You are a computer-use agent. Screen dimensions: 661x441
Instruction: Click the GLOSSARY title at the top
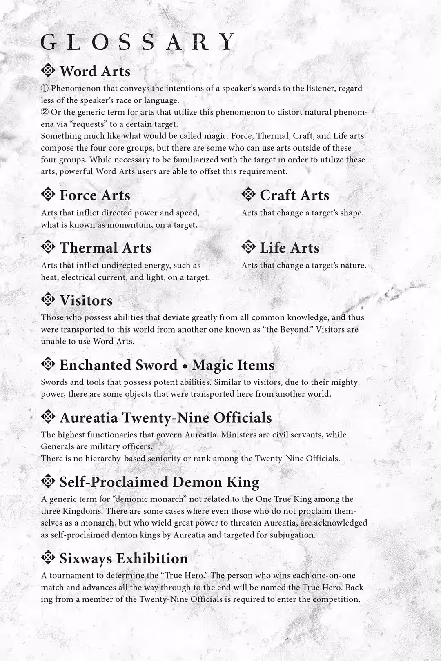pos(138,42)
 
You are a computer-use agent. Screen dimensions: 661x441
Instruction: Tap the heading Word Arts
pos(95,71)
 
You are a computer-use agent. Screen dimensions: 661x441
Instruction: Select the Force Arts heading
pos(95,195)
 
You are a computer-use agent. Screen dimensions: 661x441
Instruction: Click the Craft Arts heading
pos(294,195)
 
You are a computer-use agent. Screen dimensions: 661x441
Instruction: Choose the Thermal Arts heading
pos(105,248)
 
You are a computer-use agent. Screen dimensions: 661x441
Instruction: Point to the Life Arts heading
pos(289,248)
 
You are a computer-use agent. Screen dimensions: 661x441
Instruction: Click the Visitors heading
pos(86,301)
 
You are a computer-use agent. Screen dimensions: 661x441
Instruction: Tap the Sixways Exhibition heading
pos(123,559)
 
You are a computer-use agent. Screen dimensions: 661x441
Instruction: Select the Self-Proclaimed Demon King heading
pos(159,482)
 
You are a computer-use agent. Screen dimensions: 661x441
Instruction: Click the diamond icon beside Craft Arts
pos(248,194)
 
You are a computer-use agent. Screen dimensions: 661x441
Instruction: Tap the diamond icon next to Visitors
pos(48,299)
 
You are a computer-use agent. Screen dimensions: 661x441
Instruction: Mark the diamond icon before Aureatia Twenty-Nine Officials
pos(48,417)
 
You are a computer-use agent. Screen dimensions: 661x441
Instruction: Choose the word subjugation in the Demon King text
pos(292,535)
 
